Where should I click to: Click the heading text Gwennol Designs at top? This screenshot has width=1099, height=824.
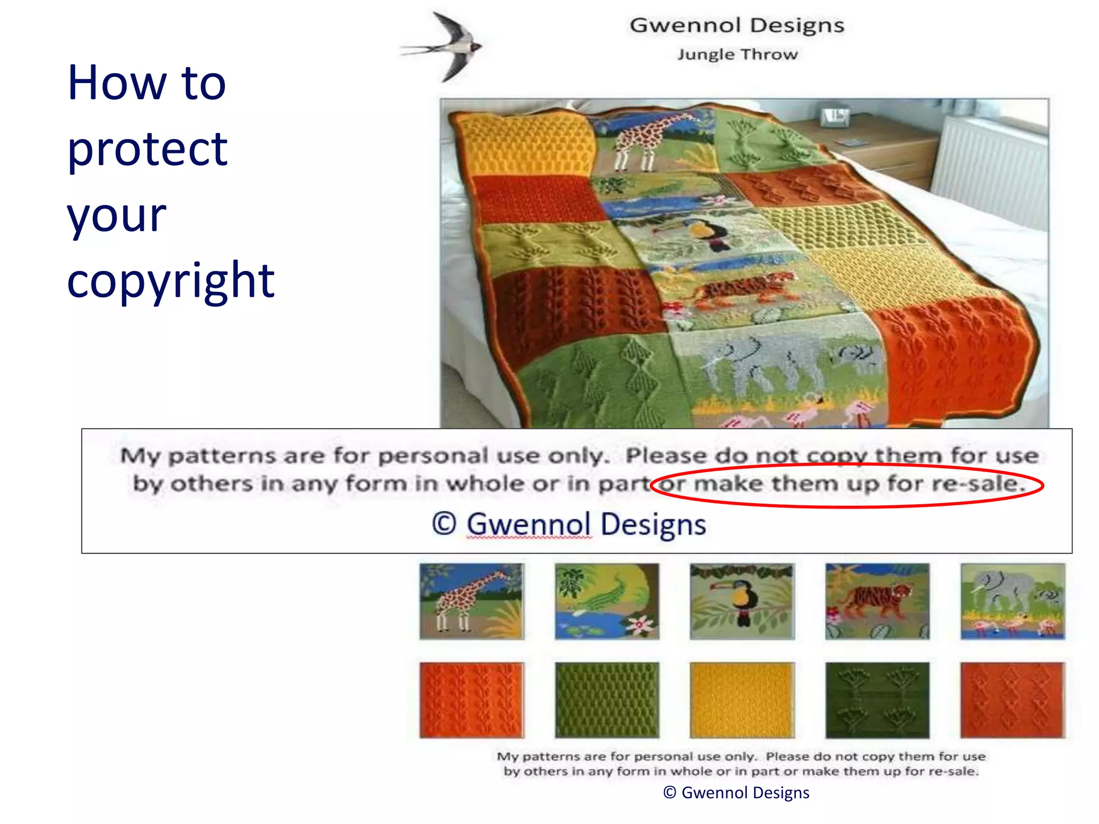pos(737,25)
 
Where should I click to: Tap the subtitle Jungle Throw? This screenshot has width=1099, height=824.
pos(737,54)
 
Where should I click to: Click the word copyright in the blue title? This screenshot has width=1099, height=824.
pos(170,281)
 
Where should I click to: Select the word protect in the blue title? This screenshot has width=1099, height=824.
pos(147,149)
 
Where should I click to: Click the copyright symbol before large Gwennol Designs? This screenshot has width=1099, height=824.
pos(444,524)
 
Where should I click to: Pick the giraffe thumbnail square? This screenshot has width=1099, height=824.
pos(471,601)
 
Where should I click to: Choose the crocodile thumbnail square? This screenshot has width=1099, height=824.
pos(606,601)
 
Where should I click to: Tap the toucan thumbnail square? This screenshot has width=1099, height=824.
pos(742,601)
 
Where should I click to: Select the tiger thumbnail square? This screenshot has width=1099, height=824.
pos(877,601)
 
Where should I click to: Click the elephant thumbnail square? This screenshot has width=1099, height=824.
pos(1012,601)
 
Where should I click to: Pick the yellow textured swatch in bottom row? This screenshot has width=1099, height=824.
pos(742,700)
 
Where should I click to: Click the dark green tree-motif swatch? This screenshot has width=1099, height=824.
pos(877,700)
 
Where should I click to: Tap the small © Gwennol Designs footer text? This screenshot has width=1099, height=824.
pos(736,792)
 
